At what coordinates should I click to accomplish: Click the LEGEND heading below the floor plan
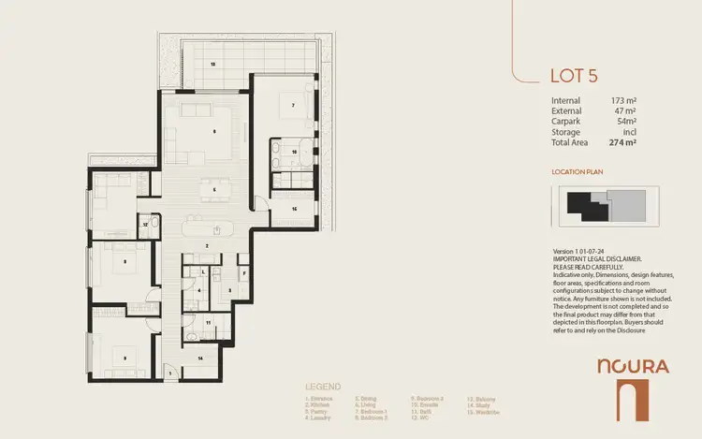pos(323,387)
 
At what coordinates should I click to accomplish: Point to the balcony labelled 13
pos(213,64)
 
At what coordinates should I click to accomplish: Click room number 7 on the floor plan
pos(293,106)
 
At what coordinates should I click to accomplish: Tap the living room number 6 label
pos(214,132)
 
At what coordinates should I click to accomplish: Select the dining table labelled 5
pos(214,190)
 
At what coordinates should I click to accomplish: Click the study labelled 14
pos(199,359)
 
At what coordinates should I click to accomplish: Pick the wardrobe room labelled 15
pos(294,210)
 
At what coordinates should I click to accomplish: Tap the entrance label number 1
pos(170,373)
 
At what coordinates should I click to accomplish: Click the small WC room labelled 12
pos(145,225)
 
